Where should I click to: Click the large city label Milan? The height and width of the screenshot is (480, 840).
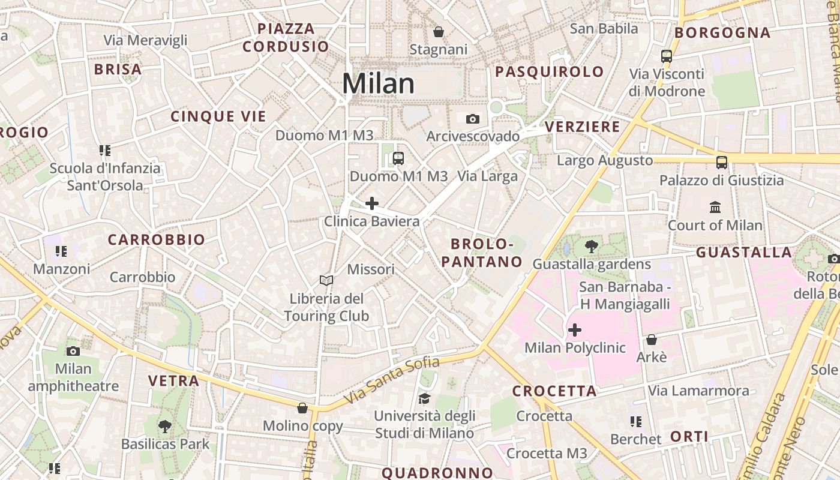(378, 83)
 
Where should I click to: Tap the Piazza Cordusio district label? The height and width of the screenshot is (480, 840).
(286, 37)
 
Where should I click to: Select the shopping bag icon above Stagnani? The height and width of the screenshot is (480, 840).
(439, 31)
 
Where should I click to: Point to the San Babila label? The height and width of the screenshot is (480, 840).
(604, 28)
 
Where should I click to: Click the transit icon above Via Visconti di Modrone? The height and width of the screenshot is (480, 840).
(666, 56)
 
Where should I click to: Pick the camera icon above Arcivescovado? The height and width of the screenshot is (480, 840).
(473, 119)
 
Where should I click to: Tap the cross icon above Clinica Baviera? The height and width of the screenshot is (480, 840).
(372, 203)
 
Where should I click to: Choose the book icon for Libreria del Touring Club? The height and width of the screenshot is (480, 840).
(326, 280)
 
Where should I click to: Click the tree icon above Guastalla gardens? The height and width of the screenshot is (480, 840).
(592, 246)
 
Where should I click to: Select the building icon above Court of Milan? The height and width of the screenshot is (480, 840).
(715, 208)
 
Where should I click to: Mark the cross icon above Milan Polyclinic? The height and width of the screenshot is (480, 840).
(575, 330)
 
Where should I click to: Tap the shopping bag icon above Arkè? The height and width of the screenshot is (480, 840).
(652, 340)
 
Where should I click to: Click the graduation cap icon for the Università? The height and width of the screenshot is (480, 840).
(424, 398)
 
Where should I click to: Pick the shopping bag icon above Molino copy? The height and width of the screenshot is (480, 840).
(302, 408)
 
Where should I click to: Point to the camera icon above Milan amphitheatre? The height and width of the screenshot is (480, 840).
(73, 351)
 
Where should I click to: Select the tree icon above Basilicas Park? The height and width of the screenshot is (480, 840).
(165, 427)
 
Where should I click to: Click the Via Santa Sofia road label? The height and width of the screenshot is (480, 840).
(392, 380)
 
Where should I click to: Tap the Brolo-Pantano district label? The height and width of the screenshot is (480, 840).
(487, 253)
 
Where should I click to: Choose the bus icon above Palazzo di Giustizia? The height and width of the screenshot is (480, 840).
(722, 162)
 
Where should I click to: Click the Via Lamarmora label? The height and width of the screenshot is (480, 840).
(698, 391)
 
